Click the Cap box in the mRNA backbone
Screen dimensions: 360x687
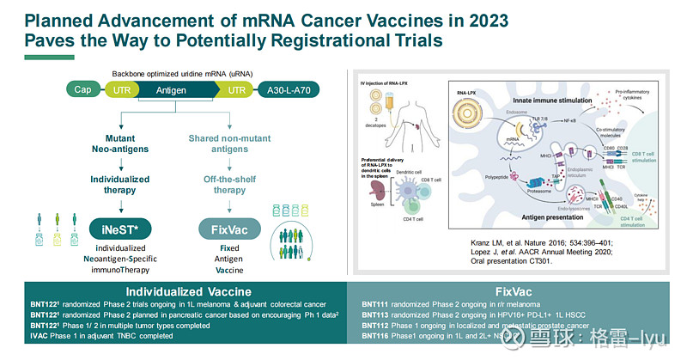(83, 89)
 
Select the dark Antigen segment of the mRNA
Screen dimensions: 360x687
(170, 89)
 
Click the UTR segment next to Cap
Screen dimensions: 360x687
(118, 89)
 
